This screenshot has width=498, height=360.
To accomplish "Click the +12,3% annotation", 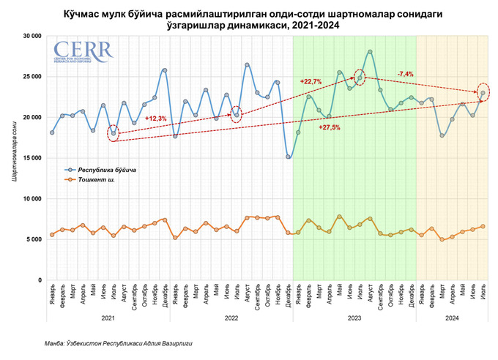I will pyautogui.click(x=156, y=119).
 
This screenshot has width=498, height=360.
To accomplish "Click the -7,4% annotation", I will pyautogui.click(x=406, y=74).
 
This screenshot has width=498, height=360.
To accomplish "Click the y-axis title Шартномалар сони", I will pyautogui.click(x=14, y=157).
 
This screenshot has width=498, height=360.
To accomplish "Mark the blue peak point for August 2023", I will pyautogui.click(x=370, y=52).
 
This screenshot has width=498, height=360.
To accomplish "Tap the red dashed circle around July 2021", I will pyautogui.click(x=114, y=132).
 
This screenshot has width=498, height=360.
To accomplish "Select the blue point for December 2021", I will pyautogui.click(x=165, y=70).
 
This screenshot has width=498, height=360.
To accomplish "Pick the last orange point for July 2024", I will pyautogui.click(x=483, y=227).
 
